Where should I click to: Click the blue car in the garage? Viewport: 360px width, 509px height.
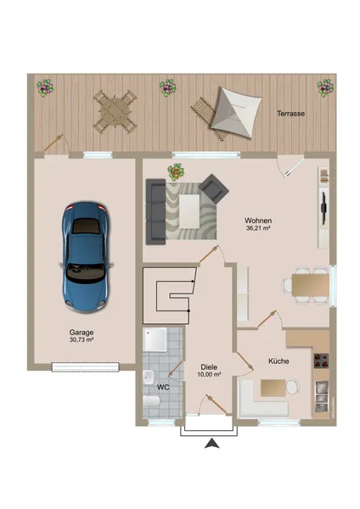point(86,257)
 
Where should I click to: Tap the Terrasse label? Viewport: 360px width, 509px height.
point(290,114)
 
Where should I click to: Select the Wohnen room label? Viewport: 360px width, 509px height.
point(258,221)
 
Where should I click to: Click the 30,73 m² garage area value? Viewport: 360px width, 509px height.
point(82,339)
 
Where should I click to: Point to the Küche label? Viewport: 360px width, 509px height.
point(278,361)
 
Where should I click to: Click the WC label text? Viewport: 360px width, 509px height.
point(163,388)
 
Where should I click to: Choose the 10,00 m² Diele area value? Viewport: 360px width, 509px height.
point(209,374)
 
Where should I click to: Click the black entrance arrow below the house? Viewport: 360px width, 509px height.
point(212,444)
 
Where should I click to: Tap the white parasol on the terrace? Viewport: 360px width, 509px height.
point(236,112)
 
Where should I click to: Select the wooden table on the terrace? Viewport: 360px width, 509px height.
point(115,111)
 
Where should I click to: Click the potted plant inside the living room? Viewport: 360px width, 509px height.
point(176,171)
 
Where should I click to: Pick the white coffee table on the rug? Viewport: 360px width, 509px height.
point(189,211)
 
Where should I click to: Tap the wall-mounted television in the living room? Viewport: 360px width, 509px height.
point(323,208)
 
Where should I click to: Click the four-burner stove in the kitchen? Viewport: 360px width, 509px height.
point(321,361)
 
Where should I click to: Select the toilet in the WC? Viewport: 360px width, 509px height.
point(151,401)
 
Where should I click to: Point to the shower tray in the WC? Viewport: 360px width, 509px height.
point(155,339)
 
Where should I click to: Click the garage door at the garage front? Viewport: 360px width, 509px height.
point(85,366)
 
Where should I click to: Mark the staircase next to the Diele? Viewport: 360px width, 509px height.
point(170,295)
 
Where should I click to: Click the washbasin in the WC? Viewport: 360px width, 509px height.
point(149,377)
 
